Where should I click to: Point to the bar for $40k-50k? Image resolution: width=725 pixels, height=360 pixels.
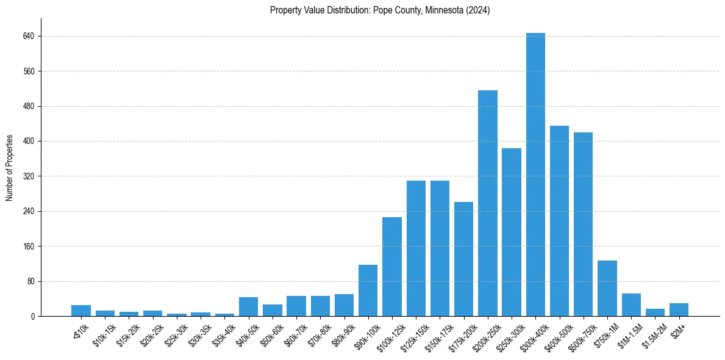pyautogui.click(x=248, y=307)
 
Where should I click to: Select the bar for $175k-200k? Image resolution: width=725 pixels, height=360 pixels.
pyautogui.click(x=464, y=259)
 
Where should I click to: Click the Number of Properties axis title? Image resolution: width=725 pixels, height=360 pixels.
pyautogui.click(x=9, y=168)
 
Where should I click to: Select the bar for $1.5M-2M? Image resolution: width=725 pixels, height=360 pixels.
pyautogui.click(x=655, y=312)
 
